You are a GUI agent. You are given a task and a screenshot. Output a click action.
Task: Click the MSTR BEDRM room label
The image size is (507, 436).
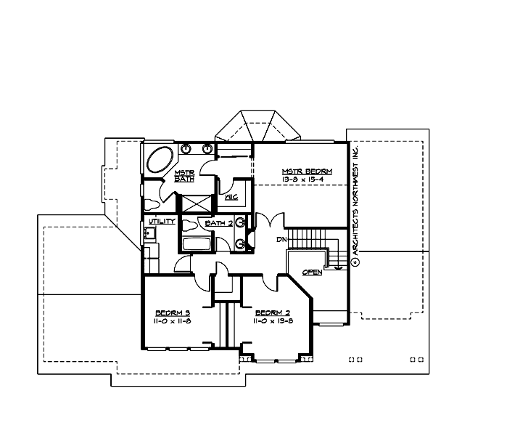click(x=307, y=171)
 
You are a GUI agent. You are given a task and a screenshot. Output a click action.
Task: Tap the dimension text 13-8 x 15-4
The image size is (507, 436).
click(x=307, y=179)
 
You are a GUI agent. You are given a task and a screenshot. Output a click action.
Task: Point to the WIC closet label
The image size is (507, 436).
click(x=232, y=197)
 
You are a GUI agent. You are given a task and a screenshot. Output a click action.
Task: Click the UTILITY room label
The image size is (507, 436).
click(x=160, y=220)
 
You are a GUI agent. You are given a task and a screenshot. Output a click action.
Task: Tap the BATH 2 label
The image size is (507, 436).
click(x=218, y=223)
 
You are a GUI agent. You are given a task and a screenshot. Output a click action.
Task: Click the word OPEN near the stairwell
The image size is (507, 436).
click(x=312, y=272)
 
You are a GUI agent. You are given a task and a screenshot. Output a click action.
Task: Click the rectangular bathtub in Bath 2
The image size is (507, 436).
click(x=195, y=243)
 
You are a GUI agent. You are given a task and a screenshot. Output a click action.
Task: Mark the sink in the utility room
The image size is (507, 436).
click(x=149, y=233)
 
